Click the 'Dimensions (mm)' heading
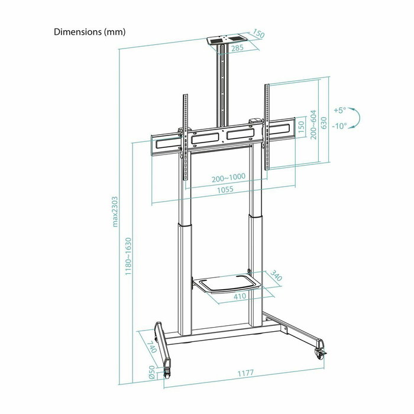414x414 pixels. (x=89, y=32)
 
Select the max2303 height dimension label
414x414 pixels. (x=116, y=212)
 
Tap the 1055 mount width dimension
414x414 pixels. (x=224, y=190)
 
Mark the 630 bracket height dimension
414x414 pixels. (x=324, y=123)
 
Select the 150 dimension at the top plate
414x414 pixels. (x=258, y=34)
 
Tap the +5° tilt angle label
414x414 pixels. (x=339, y=110)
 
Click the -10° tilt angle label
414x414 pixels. (x=339, y=126)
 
